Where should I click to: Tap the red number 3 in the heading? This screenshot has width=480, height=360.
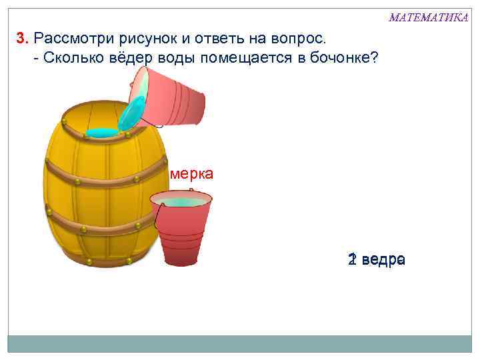pos(21,37)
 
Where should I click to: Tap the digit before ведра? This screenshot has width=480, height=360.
pos(351,259)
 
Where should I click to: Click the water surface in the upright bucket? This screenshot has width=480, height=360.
pos(181,201)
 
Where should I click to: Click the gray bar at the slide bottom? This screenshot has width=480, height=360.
pos(239,343)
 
